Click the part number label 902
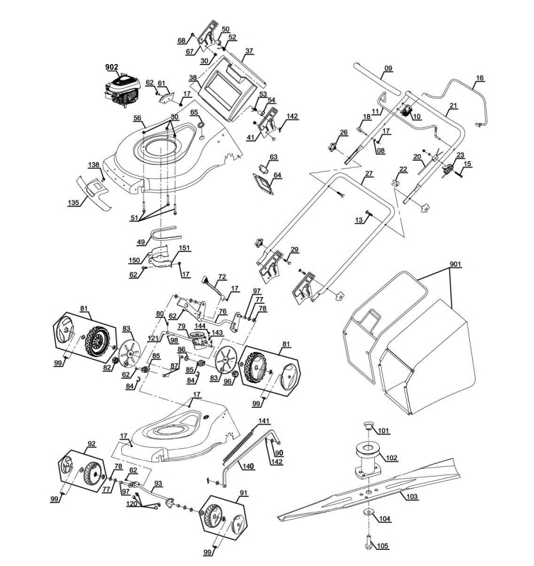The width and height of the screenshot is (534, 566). pyautogui.click(x=111, y=67)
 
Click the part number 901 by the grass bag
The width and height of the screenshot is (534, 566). pyautogui.click(x=455, y=265)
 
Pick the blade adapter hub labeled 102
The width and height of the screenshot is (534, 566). pyautogui.click(x=368, y=461)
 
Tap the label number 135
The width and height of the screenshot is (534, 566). pyautogui.click(x=73, y=203)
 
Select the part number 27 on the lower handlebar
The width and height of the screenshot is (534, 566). pyautogui.click(x=368, y=174)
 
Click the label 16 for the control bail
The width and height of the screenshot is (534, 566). pyautogui.click(x=480, y=78)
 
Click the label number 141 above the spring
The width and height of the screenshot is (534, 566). pyautogui.click(x=264, y=421)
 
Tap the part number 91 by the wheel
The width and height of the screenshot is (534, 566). pyautogui.click(x=243, y=493)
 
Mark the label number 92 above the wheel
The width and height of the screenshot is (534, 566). pyautogui.click(x=92, y=444)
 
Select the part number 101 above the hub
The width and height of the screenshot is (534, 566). pyautogui.click(x=384, y=431)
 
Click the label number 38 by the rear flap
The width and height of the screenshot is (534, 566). pyautogui.click(x=193, y=77)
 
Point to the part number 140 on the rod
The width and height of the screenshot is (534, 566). pyautogui.click(x=248, y=466)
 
